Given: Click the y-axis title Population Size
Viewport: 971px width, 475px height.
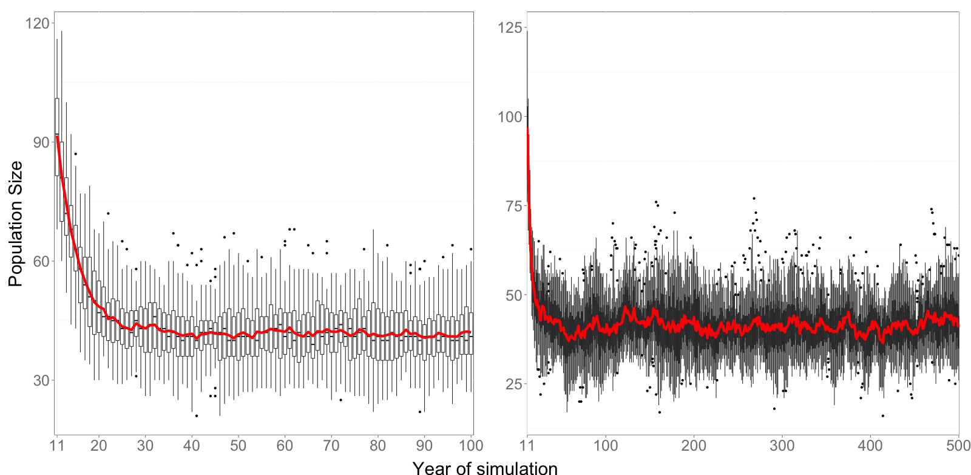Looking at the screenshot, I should point(15,224).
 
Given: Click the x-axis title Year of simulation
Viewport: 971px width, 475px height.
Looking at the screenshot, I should point(484,468).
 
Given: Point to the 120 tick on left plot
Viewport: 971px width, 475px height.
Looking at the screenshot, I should point(37,24).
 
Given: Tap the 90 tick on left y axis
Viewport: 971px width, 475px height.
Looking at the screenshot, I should point(41,143).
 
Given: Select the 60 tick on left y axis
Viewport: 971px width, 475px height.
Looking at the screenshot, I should point(41,262).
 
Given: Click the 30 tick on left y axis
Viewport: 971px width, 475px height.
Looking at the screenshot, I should point(41,381).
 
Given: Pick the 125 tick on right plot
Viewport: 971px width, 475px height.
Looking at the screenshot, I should point(510,28).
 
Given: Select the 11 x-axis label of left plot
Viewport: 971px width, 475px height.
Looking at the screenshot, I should point(57,446).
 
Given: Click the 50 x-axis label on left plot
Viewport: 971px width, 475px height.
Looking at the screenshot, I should point(238,446).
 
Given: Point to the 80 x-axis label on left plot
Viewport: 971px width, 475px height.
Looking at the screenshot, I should point(377,446).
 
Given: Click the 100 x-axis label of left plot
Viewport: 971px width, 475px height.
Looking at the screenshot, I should point(471,446).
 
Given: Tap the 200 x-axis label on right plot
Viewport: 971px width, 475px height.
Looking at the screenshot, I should point(693,446).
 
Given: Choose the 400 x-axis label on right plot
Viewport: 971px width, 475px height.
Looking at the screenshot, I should point(870,446).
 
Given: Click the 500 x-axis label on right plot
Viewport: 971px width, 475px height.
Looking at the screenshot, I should point(958,446).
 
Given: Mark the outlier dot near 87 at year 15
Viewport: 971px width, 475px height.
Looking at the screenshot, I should point(75,154).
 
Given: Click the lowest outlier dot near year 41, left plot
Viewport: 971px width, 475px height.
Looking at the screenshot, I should point(196,416).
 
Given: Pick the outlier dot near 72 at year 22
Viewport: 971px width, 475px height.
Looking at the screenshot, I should point(108,214).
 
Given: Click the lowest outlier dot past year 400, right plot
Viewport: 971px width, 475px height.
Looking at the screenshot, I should point(882,416).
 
